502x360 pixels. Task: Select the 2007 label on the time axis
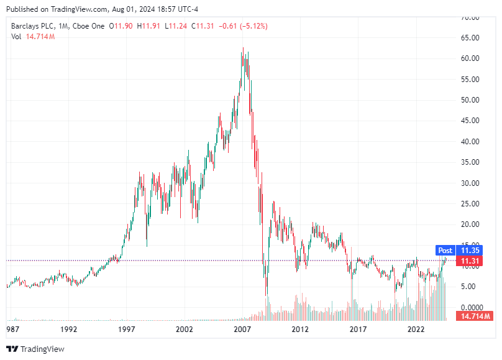pyautogui.click(x=242, y=328)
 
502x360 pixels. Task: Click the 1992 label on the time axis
pyautogui.click(x=68, y=328)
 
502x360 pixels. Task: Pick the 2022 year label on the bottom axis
pyautogui.click(x=416, y=328)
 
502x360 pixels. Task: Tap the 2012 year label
pyautogui.click(x=300, y=328)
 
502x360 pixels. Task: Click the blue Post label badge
pyautogui.click(x=445, y=251)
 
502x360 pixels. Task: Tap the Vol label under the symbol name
pyautogui.click(x=17, y=37)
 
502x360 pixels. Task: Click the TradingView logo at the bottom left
pyautogui.click(x=35, y=349)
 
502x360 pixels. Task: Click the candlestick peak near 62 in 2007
pyautogui.click(x=242, y=50)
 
